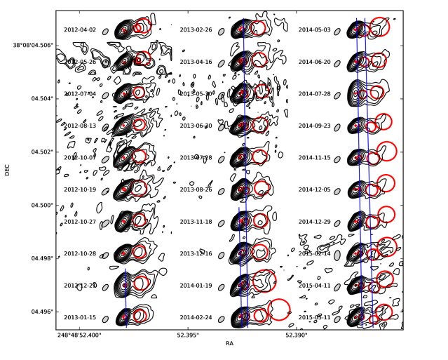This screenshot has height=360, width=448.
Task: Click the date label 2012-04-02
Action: click(80, 30)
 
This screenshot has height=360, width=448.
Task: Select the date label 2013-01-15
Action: click(80, 317)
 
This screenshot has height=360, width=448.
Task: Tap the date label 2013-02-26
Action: click(196, 30)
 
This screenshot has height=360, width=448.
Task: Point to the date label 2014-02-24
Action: click(196, 317)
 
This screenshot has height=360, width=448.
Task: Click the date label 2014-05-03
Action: click(314, 30)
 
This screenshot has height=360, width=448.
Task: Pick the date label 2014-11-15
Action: click(314, 158)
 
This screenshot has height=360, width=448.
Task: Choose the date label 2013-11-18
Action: click(196, 222)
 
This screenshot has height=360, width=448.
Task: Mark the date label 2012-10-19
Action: click(80, 189)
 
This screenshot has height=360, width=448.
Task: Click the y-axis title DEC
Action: click(8, 170)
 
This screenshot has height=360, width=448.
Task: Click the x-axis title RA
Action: click(229, 343)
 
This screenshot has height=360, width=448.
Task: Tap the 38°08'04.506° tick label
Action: click(28, 45)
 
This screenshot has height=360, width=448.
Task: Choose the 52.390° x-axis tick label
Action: click(296, 335)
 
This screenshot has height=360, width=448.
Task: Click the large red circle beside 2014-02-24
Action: click(278, 309)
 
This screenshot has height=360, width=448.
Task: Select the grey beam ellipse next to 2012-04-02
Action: click(105, 32)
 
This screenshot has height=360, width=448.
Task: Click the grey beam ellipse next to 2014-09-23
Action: click(337, 127)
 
